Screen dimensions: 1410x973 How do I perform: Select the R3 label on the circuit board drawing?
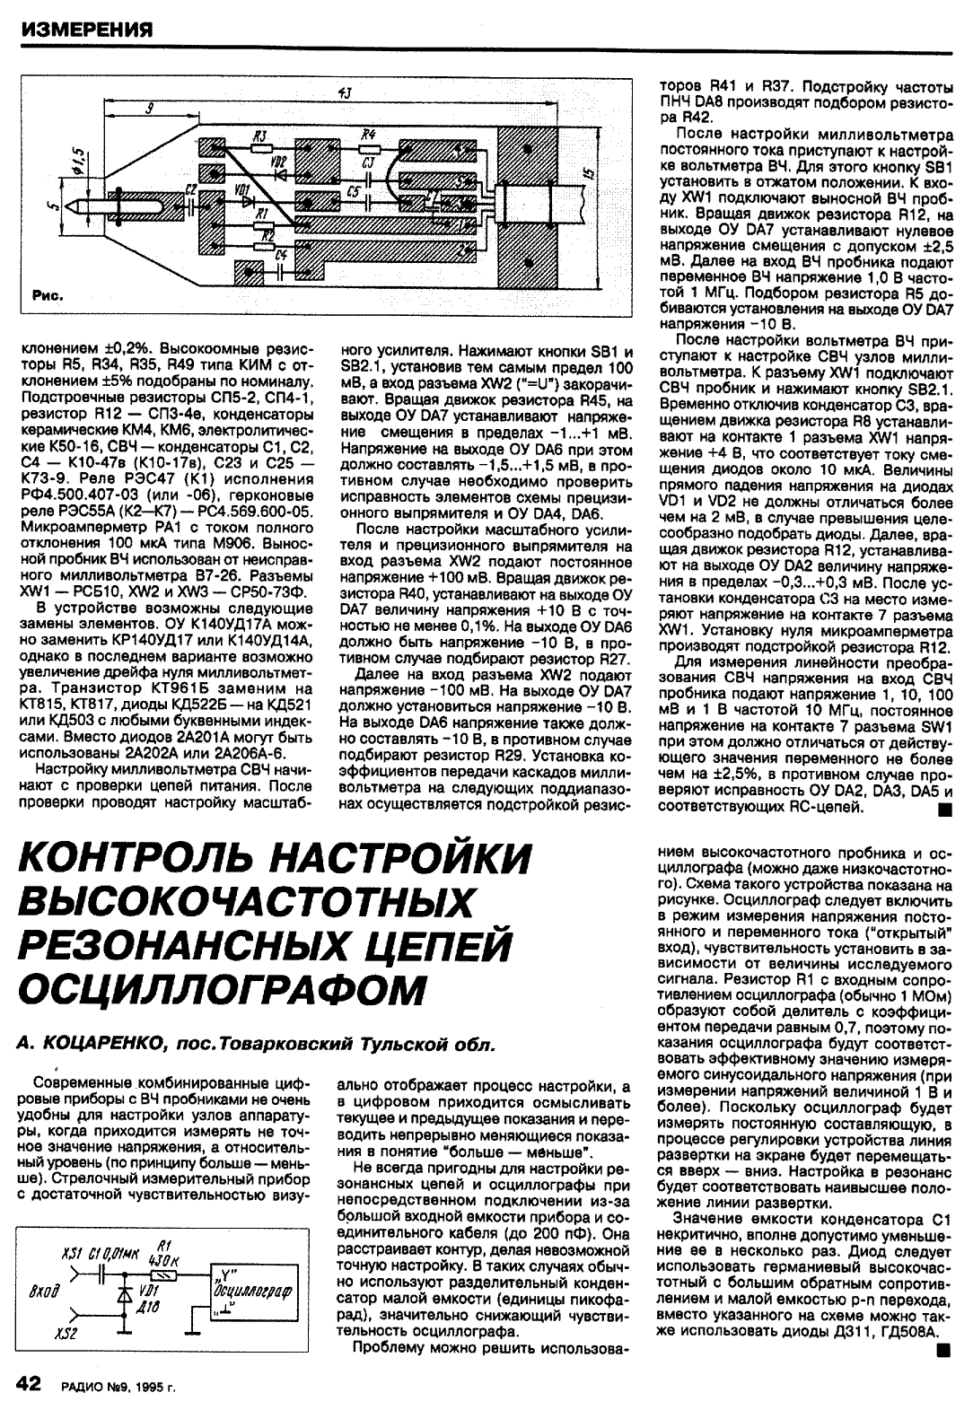coord(259,136)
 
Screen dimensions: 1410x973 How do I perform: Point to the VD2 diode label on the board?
coord(278,162)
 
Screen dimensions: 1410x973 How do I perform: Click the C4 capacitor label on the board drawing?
coord(281,256)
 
